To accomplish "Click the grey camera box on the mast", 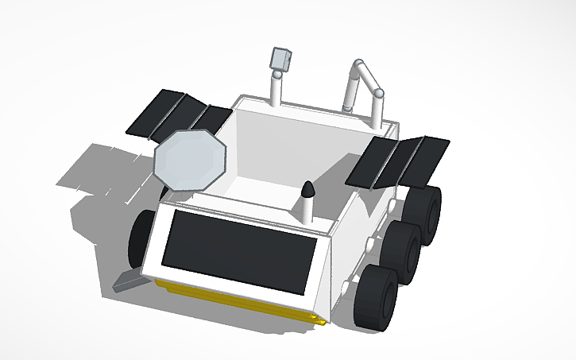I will (x=281, y=59).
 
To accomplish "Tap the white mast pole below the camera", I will (x=276, y=91).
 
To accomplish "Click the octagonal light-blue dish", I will (x=190, y=159).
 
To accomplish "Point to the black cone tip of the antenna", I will (x=307, y=191).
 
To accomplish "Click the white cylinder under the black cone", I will (x=306, y=211).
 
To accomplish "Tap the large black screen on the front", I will (x=242, y=251).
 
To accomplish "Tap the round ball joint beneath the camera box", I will (x=277, y=75).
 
